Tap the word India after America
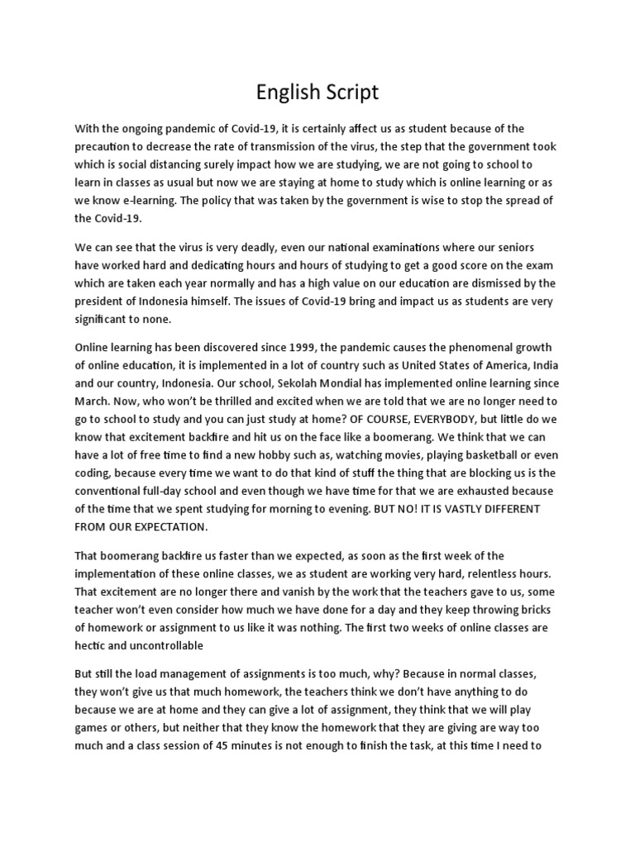pos(546,365)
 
